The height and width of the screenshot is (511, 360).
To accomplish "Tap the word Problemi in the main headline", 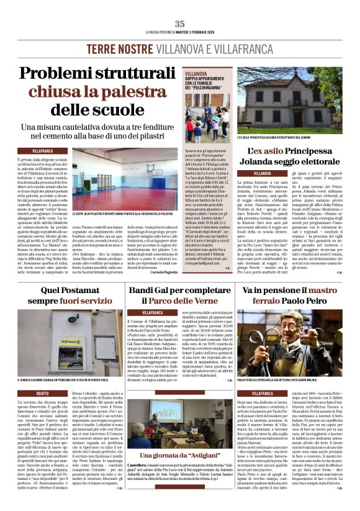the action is click(x=58, y=74).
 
